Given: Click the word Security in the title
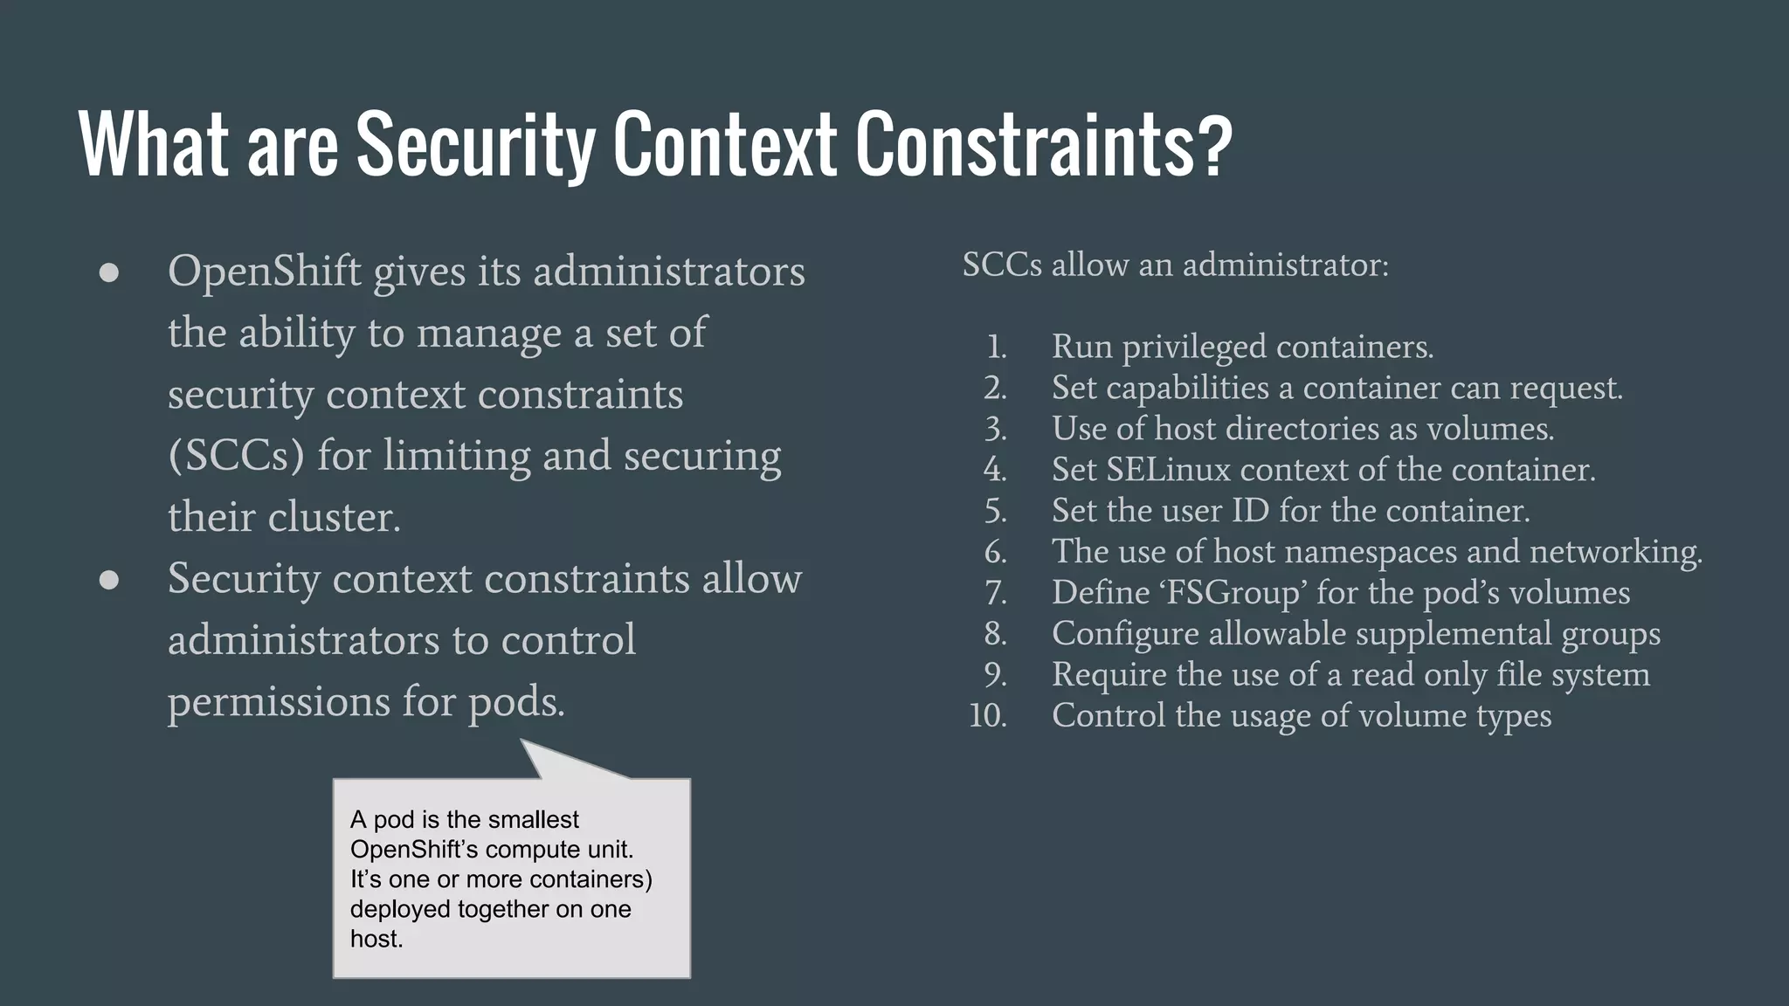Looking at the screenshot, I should [x=474, y=145].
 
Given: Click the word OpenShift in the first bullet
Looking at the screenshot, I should [x=264, y=272].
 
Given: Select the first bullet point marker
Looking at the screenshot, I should [x=109, y=272].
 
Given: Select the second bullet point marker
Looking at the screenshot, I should [x=109, y=580].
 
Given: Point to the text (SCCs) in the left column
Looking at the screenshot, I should [x=236, y=456].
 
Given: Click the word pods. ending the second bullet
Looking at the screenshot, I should [x=516, y=702].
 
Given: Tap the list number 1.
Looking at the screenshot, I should [x=997, y=348].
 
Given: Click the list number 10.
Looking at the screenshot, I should [x=988, y=716].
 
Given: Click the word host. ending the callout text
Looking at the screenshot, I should [x=376, y=940].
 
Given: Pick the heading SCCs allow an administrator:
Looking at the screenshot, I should [x=1175, y=265].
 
